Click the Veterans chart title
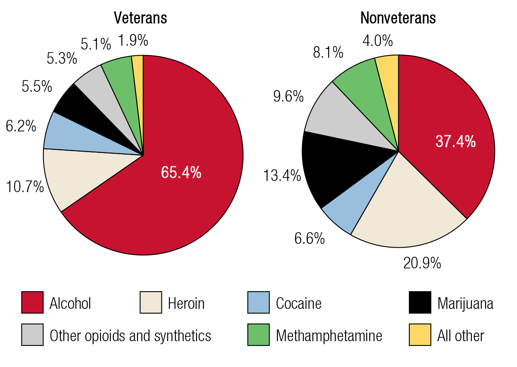click(x=140, y=18)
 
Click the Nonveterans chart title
click(x=398, y=18)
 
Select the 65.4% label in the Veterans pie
click(x=181, y=172)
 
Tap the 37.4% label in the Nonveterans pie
click(x=455, y=141)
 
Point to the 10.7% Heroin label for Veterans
click(x=25, y=187)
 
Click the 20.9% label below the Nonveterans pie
click(x=422, y=263)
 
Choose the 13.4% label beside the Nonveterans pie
click(x=283, y=175)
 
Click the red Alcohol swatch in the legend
click(x=32, y=303)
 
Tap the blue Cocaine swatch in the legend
click(x=258, y=303)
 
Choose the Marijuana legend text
click(x=465, y=303)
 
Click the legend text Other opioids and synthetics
click(x=131, y=336)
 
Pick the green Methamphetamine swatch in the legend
click(x=258, y=335)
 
